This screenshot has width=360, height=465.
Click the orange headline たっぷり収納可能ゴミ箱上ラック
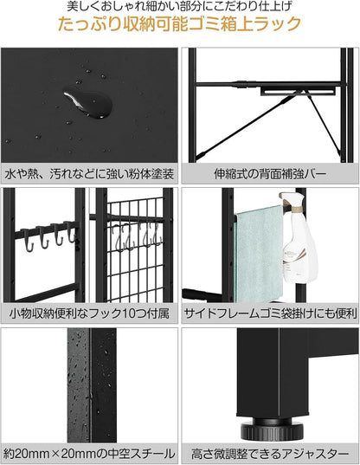point(179,25)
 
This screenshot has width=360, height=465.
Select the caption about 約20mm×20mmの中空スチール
point(89,453)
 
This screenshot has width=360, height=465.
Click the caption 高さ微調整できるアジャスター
point(269,453)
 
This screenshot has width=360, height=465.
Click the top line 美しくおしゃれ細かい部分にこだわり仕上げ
point(179,7)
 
